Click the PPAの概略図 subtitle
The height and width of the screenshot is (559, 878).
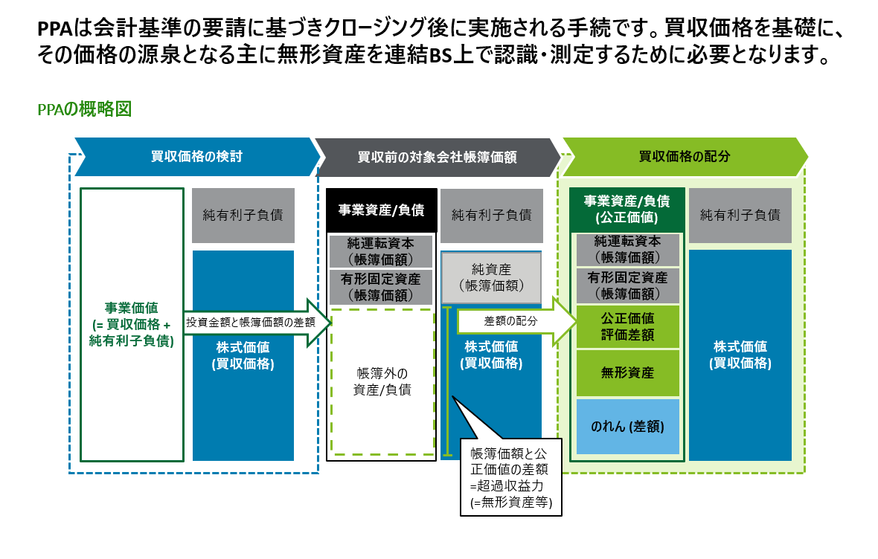84,109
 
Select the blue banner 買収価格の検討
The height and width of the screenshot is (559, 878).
196,157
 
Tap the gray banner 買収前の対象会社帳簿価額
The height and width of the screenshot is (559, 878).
437,157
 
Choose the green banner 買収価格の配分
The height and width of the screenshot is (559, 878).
684,157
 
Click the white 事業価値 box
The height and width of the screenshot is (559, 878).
131,326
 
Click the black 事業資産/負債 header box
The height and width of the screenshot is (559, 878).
381,210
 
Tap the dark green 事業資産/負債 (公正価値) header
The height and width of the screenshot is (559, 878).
627,209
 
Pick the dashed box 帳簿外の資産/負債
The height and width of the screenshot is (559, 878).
382,381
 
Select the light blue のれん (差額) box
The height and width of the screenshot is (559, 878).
627,427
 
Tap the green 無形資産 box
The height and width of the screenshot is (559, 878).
627,372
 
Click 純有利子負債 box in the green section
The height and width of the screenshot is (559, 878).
740,215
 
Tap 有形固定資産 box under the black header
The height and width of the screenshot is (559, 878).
381,286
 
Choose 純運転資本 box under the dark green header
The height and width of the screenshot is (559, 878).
627,249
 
